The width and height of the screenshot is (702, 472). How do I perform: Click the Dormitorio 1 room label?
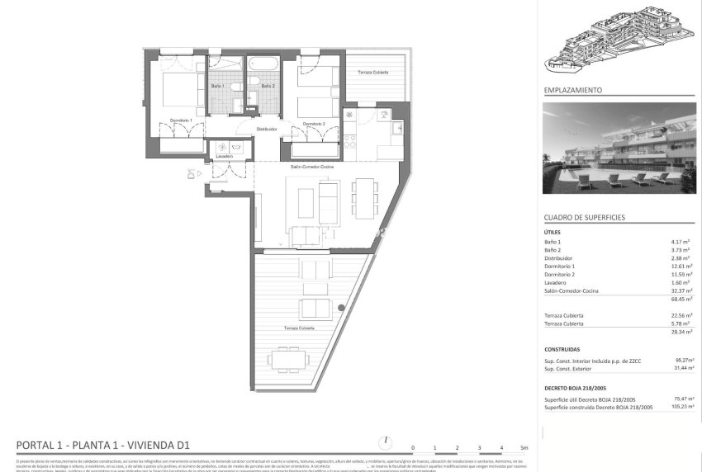tap(181, 120)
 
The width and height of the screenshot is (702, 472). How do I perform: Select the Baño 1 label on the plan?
tap(217, 86)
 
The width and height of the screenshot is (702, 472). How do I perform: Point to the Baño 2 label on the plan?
tap(268, 86)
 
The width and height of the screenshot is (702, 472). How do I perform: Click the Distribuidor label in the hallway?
tap(266, 130)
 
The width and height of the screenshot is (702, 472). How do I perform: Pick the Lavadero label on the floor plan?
tap(224, 156)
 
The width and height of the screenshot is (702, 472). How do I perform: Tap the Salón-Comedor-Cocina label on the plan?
tap(311, 166)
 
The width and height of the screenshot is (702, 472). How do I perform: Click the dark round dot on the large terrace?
tap(341, 309)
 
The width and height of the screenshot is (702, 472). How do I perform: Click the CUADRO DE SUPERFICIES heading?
tap(584, 217)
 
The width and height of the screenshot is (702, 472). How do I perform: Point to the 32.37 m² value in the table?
tap(682, 290)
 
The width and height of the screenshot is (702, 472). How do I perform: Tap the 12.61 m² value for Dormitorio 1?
tap(682, 266)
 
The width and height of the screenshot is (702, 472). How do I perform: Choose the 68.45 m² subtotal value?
tap(682, 300)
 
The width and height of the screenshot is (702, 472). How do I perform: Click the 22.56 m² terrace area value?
tap(682, 315)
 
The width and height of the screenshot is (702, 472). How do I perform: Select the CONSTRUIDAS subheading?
tap(562, 349)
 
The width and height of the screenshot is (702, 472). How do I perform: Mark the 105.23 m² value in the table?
tap(682, 407)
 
